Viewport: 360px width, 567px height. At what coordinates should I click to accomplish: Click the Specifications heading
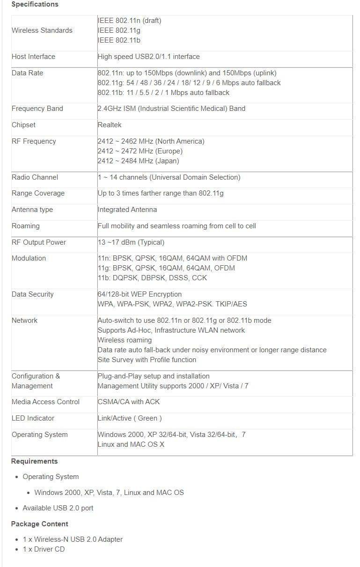[x=35, y=4]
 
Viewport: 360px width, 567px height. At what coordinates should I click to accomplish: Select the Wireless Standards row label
[x=42, y=30]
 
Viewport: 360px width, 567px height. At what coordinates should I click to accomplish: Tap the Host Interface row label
[x=33, y=57]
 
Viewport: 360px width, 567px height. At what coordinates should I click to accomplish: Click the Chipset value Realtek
[x=110, y=125]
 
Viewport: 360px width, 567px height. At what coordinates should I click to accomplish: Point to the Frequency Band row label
[x=37, y=109]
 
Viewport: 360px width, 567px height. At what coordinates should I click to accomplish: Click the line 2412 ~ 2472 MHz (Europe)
[x=140, y=151]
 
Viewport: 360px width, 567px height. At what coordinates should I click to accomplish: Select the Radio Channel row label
[x=35, y=177]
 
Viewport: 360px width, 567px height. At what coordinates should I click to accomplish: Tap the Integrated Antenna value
[x=127, y=210]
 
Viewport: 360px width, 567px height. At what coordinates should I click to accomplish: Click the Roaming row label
[x=25, y=226]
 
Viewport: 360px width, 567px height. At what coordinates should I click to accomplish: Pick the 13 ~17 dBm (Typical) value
[x=131, y=242]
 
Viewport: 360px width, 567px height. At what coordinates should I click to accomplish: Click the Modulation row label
[x=29, y=258]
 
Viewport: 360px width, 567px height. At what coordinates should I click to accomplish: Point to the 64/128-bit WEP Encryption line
[x=140, y=294]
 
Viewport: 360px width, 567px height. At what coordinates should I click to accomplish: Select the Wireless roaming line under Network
[x=125, y=340]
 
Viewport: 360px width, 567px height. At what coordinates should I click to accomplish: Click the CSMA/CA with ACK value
[x=129, y=402]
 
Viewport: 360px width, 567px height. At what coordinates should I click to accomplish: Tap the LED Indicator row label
[x=33, y=418]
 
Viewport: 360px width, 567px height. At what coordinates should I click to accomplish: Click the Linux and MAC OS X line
[x=131, y=444]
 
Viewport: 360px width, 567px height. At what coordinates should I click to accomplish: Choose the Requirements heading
[x=34, y=461]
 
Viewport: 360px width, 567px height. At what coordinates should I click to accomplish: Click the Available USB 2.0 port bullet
[x=58, y=508]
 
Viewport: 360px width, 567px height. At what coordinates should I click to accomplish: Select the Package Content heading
[x=39, y=524]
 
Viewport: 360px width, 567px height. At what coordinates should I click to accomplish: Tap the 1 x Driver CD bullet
[x=44, y=549]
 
